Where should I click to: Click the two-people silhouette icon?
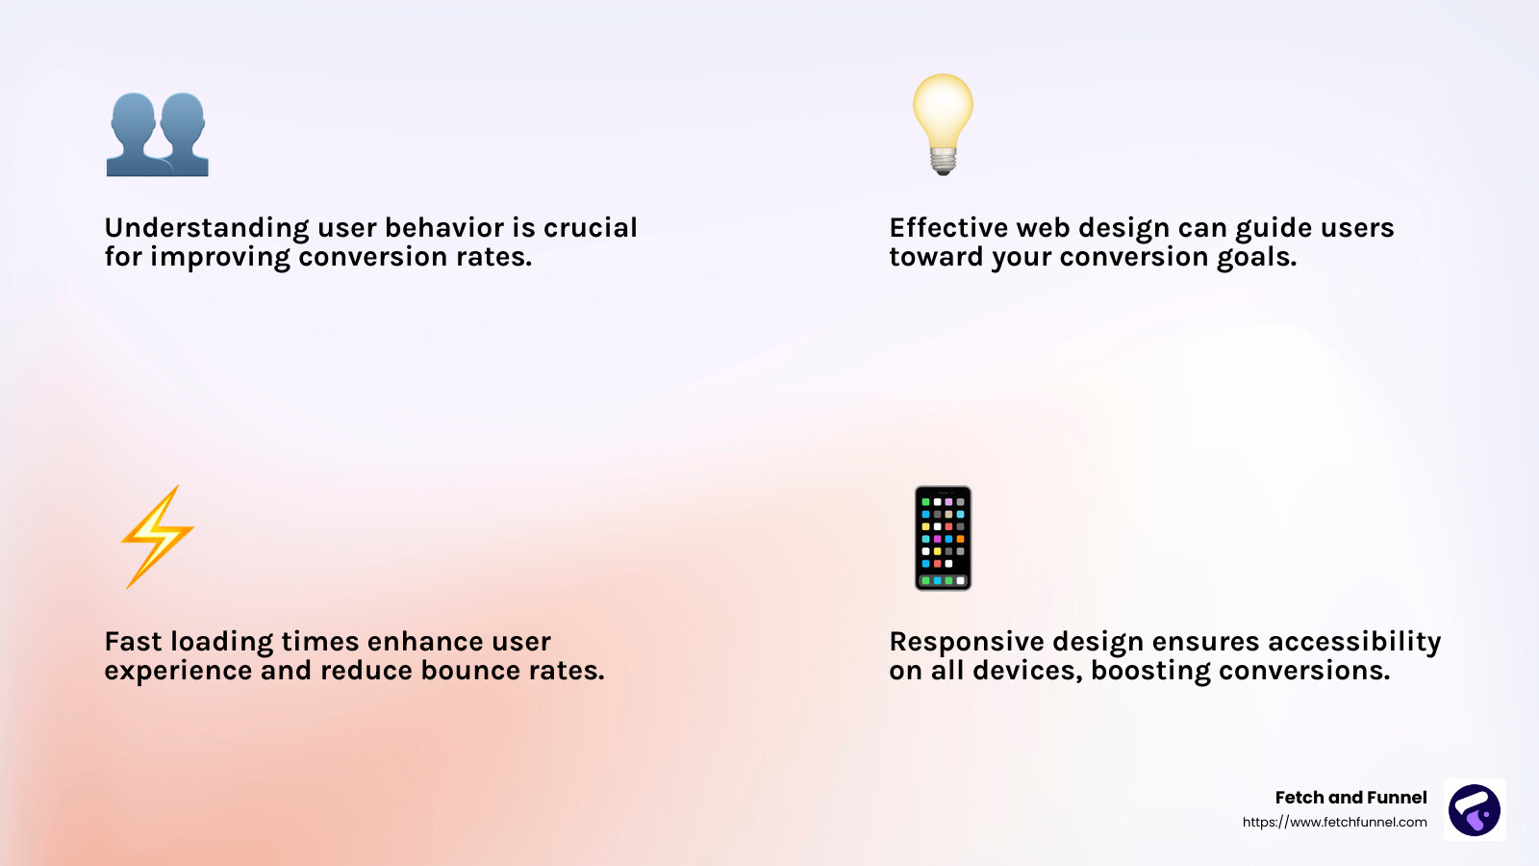click(158, 135)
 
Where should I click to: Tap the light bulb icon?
click(943, 124)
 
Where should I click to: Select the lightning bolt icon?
click(158, 537)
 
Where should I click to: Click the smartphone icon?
click(943, 538)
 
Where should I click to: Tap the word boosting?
click(1150, 672)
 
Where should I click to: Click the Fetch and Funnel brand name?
click(1350, 798)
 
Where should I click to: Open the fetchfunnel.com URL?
click(1334, 822)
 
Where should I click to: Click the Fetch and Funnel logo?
click(1475, 809)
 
